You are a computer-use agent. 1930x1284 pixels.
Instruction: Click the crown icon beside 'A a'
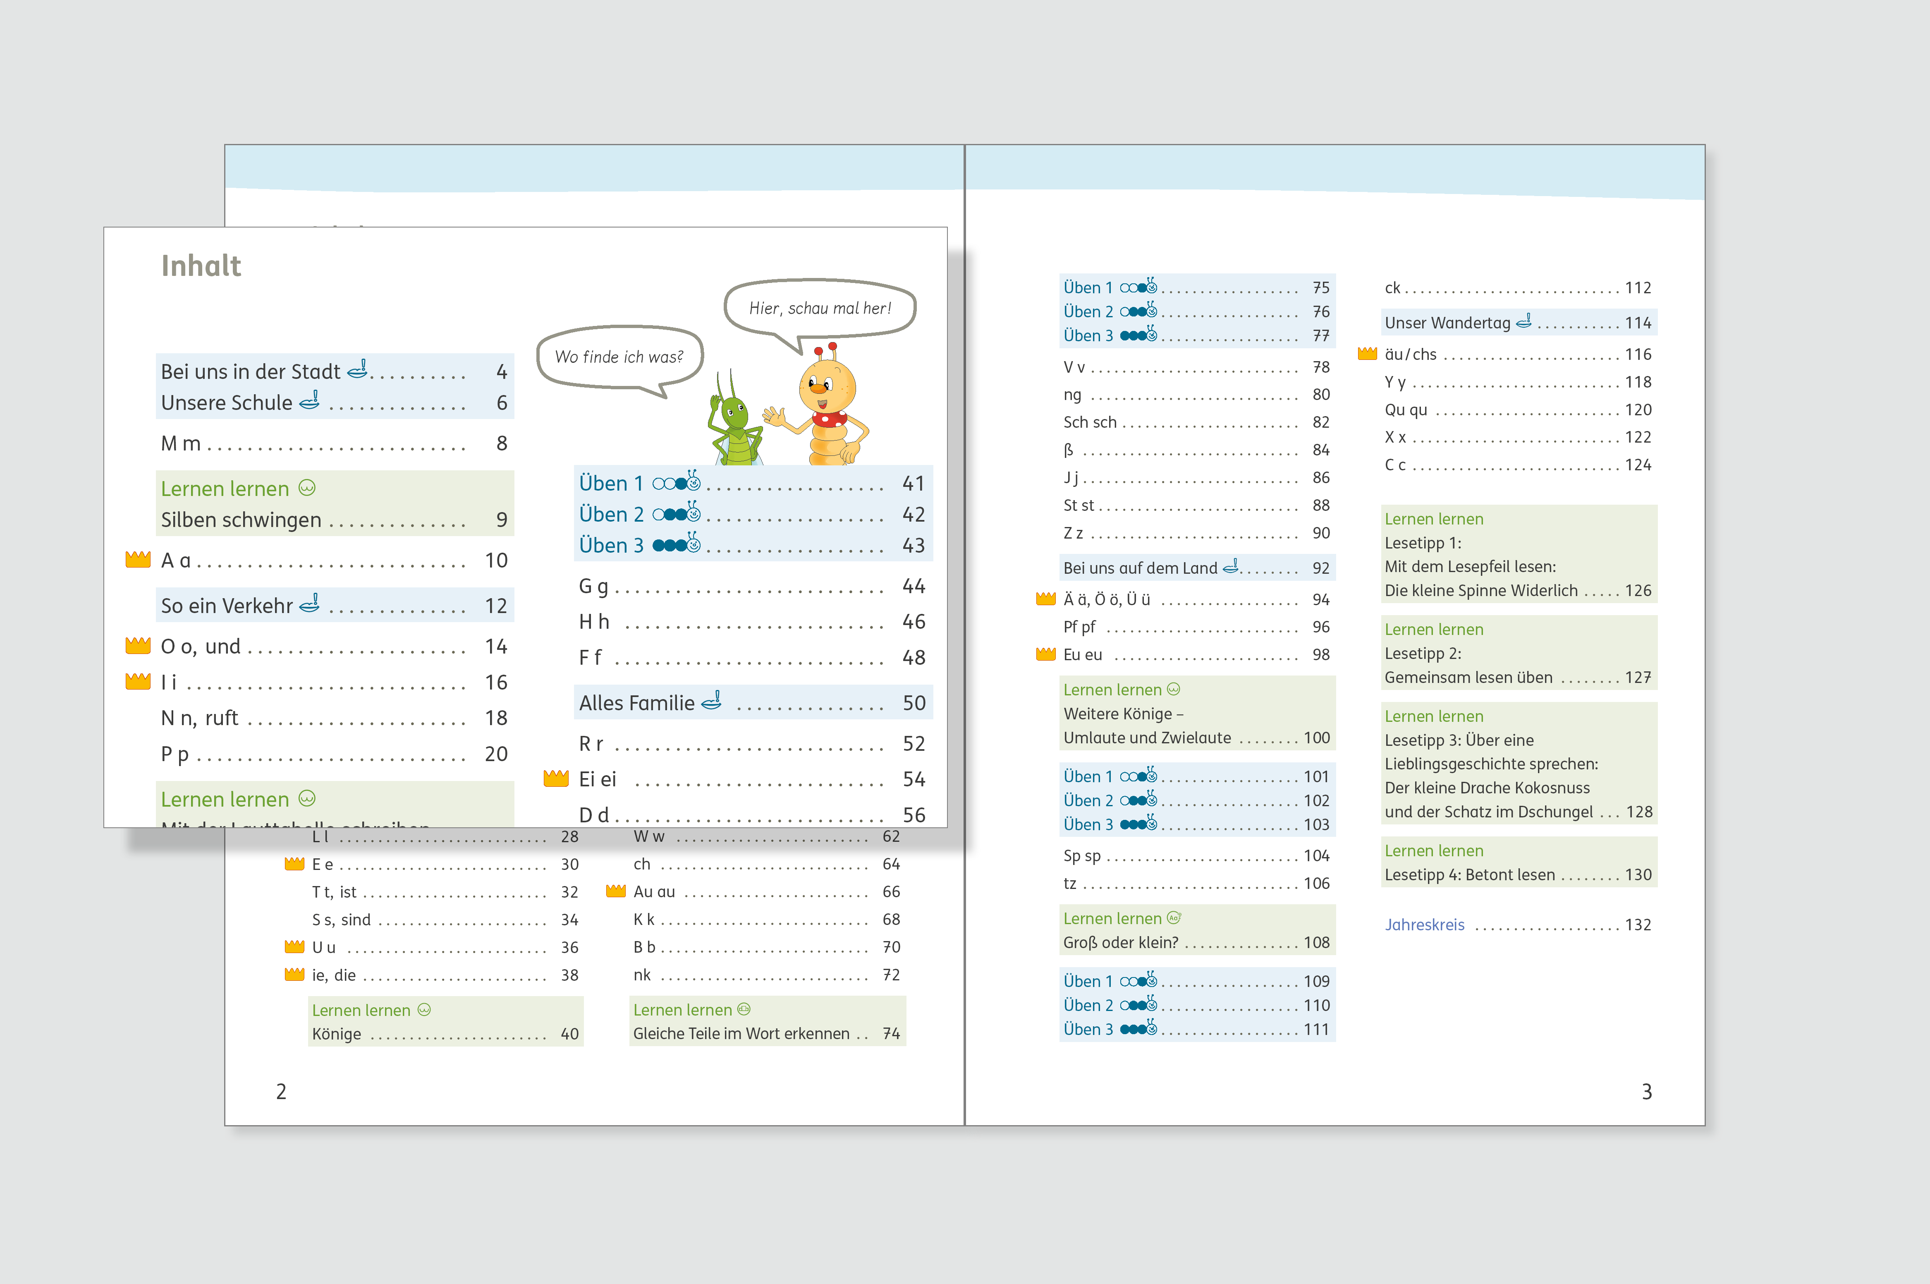pyautogui.click(x=138, y=559)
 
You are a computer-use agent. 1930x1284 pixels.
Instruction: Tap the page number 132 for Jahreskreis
pyautogui.click(x=1638, y=925)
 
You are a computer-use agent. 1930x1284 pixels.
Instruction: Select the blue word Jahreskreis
pyautogui.click(x=1424, y=925)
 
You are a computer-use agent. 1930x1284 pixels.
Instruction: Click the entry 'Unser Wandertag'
pyautogui.click(x=1447, y=323)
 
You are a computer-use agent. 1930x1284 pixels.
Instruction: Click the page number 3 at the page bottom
pyautogui.click(x=1647, y=1092)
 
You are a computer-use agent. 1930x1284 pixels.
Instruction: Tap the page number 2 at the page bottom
pyautogui.click(x=281, y=1092)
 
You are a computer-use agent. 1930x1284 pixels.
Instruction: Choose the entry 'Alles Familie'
pyautogui.click(x=637, y=702)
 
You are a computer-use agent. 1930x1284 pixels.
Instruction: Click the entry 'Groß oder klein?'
pyautogui.click(x=1121, y=943)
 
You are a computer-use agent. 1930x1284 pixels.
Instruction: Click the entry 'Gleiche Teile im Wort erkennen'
pyautogui.click(x=741, y=1033)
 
